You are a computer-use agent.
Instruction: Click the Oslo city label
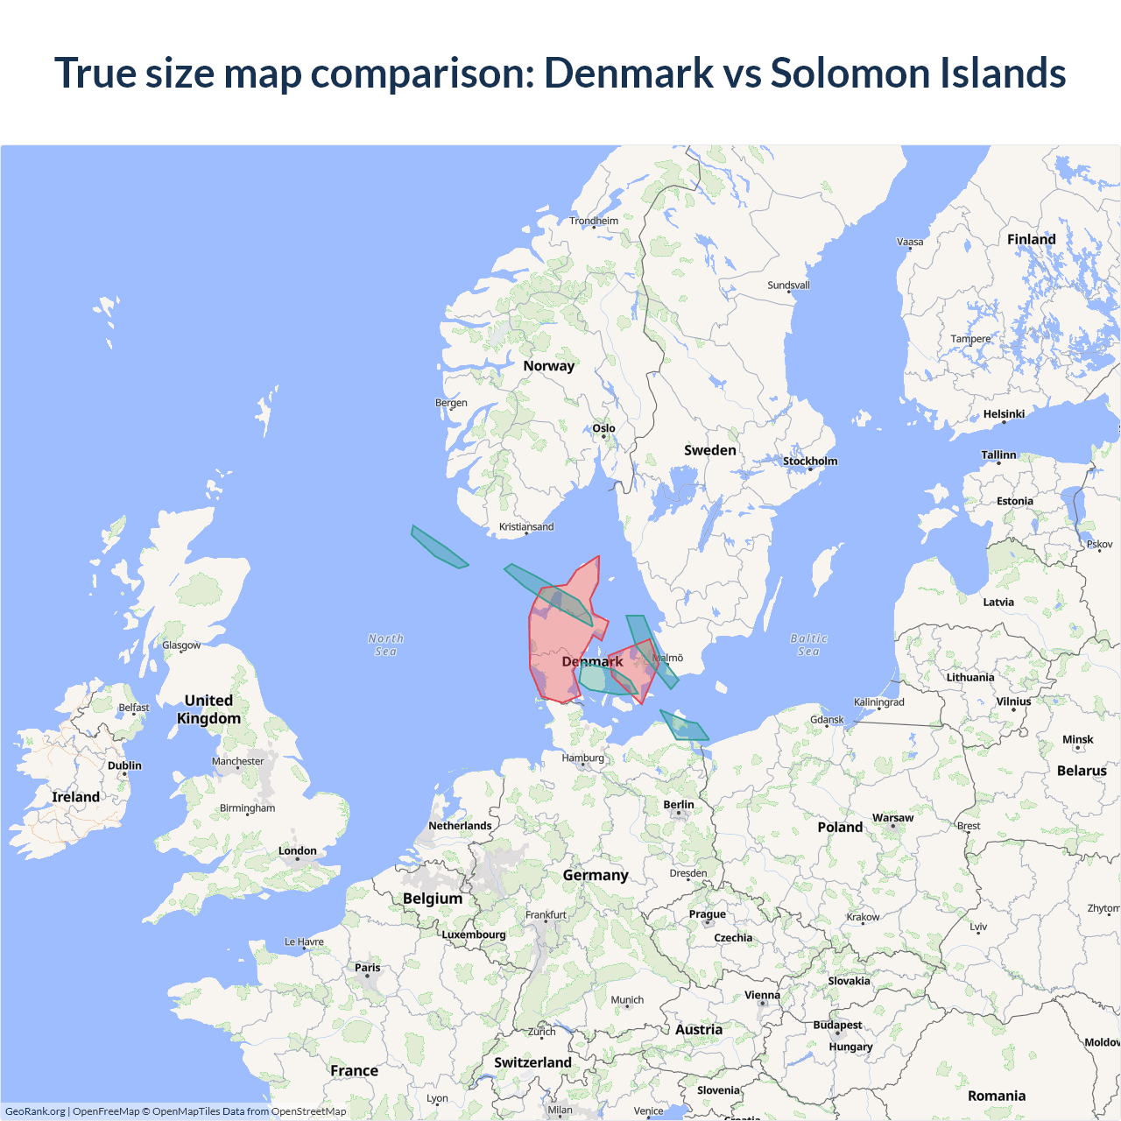coord(604,428)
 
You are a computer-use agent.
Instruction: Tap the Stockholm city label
coord(810,461)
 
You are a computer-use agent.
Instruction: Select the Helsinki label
coord(1004,414)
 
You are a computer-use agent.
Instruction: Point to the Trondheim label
coord(594,221)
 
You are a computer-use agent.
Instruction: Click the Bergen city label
coord(451,403)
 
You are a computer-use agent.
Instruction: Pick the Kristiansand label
coord(526,526)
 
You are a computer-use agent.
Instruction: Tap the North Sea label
coord(385,645)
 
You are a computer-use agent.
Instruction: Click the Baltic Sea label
coord(808,645)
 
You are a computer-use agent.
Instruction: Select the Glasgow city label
coord(181,645)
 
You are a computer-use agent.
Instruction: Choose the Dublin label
coord(124,765)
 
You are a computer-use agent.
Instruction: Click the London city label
coord(298,850)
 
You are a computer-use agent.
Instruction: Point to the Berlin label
coord(679,804)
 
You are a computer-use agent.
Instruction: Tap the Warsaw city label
coord(892,818)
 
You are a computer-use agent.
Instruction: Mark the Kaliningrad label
coord(879,702)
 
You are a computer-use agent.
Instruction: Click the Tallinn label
coord(998,455)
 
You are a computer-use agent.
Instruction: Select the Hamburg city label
coord(583,758)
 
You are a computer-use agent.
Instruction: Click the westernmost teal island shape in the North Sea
coord(438,547)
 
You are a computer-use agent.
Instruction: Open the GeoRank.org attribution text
coord(35,1111)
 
